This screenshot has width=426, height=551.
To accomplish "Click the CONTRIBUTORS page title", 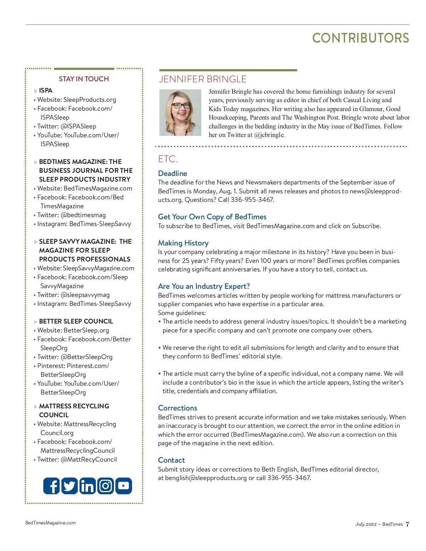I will (360, 38).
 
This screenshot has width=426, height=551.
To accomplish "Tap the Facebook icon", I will (51, 486).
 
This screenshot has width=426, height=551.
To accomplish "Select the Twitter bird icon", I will (70, 486).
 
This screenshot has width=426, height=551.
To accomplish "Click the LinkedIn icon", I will (87, 486).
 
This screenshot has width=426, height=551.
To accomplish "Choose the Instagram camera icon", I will (105, 486).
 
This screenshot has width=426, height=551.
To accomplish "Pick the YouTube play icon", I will (124, 486).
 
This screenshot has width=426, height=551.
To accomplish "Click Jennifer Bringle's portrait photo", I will (180, 112).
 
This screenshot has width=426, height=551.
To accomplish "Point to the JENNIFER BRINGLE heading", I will (202, 79).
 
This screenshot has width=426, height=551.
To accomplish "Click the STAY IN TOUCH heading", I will (84, 79).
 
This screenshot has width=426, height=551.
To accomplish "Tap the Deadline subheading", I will (173, 173).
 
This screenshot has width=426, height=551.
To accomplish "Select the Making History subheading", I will (183, 243).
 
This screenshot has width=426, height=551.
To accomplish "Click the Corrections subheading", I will (177, 408).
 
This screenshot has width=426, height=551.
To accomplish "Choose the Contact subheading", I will (171, 460).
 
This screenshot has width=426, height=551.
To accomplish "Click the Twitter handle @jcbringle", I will (269, 135).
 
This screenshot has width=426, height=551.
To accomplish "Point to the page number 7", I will (407, 524).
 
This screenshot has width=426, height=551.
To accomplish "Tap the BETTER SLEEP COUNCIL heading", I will (76, 321).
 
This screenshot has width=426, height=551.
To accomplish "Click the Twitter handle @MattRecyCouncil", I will (89, 459).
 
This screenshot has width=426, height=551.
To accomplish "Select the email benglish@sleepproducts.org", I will (206, 478).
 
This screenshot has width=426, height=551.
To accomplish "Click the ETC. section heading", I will (168, 159).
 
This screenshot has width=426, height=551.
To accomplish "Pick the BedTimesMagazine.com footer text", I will (50, 523).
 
